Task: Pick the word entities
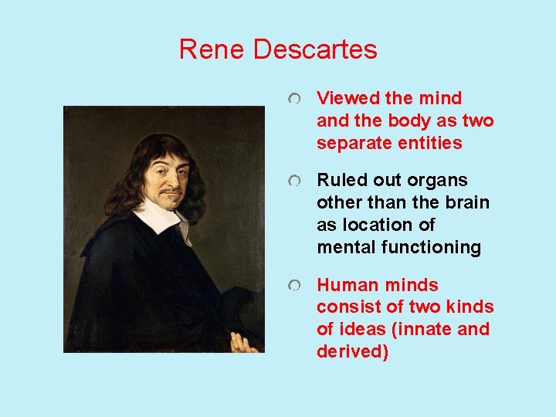(430, 143)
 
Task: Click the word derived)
(352, 351)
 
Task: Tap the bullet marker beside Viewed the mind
(294, 100)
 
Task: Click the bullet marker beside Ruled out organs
(294, 181)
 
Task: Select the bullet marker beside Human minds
(294, 286)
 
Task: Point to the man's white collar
(158, 214)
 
